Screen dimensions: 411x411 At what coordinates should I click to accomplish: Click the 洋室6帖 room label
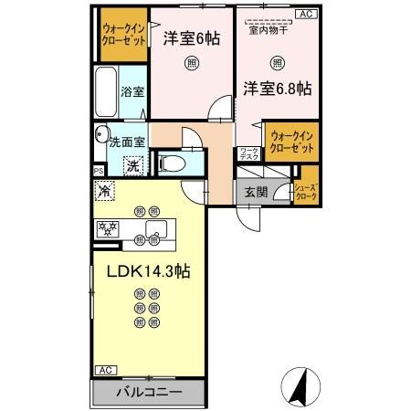[191, 40]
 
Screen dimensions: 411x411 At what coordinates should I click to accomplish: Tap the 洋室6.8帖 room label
[277, 89]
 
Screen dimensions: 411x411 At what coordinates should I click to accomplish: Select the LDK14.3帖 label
[146, 271]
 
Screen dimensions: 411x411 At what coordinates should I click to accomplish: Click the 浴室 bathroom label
[132, 91]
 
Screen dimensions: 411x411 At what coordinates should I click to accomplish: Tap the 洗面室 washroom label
[127, 142]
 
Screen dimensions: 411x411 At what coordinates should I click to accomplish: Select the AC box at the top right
[305, 14]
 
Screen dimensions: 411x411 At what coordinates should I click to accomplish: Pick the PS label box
[98, 171]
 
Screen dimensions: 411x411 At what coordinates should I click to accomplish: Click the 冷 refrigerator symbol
[104, 191]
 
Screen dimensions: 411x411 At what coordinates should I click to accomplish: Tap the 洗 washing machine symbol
[132, 166]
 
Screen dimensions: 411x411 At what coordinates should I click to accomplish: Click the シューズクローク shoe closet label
[305, 191]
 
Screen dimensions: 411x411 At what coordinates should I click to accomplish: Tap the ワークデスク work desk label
[247, 154]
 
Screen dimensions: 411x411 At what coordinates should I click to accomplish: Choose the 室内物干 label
[269, 31]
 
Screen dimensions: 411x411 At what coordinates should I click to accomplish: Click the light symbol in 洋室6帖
[191, 63]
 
